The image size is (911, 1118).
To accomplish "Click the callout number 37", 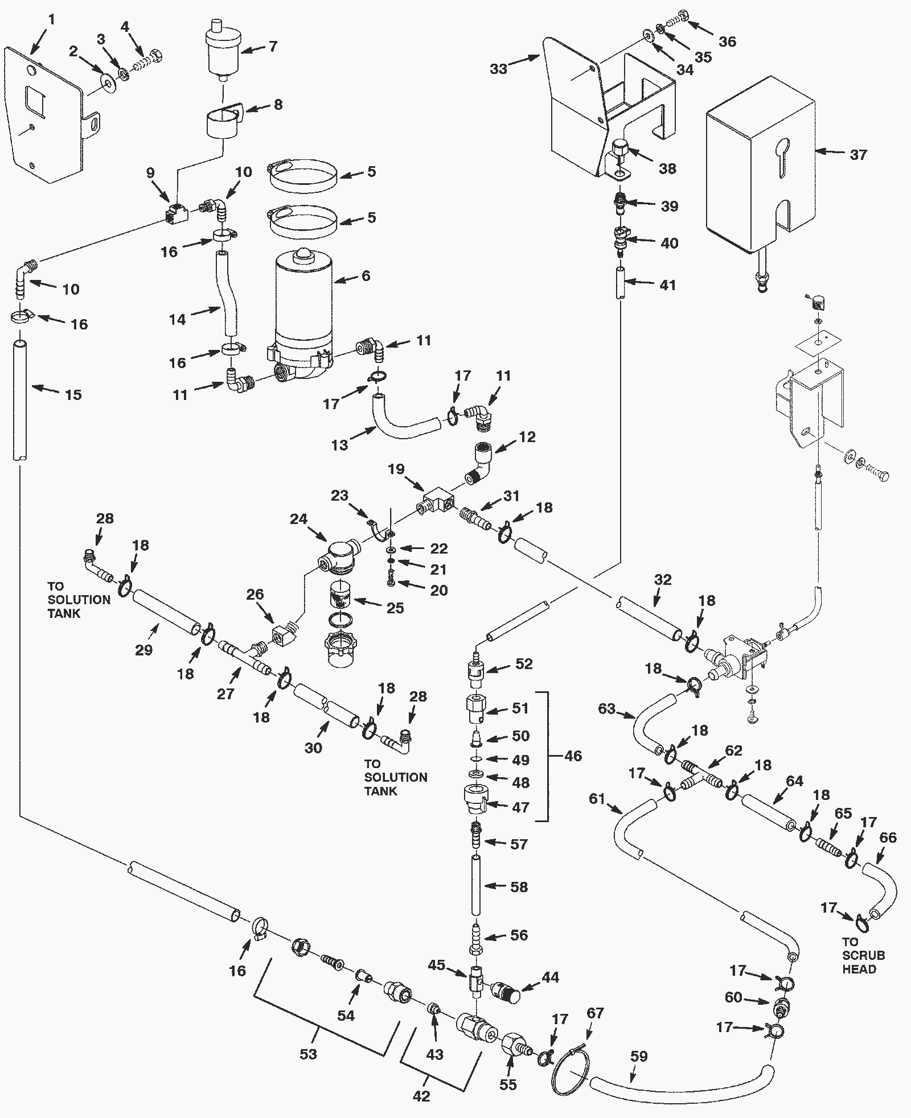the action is pos(858,154).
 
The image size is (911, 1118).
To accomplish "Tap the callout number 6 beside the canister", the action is pos(366,275).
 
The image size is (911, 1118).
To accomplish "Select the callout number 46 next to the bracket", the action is pos(573,756).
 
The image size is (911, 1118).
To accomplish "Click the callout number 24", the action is pos(298,518).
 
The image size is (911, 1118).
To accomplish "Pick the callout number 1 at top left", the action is pos(52,20).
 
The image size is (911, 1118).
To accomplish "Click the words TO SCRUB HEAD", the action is pos(864,955).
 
